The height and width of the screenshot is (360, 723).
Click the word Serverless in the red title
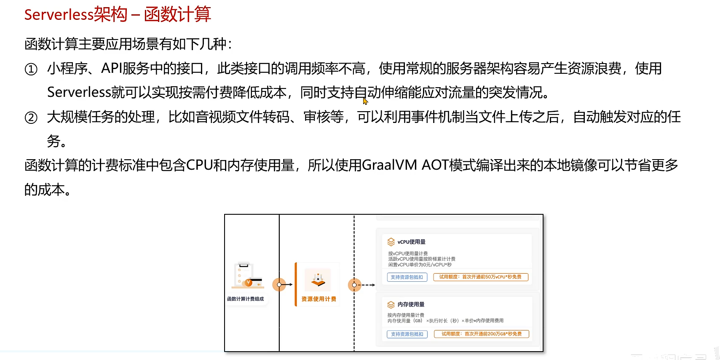point(59,15)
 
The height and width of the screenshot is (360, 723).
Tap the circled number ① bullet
point(31,69)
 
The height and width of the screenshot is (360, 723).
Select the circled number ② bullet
point(31,117)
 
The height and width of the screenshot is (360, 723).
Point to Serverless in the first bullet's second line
point(79,92)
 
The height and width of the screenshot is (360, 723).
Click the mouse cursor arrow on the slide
point(365,101)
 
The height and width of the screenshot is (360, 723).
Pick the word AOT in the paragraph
point(435,165)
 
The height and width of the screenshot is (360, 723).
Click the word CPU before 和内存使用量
point(199,165)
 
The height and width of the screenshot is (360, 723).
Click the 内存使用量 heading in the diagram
point(411,304)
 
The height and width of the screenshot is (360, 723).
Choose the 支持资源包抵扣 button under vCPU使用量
point(407,277)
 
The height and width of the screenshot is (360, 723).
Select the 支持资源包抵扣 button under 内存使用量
point(407,334)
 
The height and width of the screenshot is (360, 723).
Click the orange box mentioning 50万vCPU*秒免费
point(480,277)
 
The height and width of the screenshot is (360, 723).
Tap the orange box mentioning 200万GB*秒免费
point(481,334)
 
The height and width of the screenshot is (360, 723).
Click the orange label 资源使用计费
point(319,299)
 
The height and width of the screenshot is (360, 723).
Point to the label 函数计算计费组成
point(245,299)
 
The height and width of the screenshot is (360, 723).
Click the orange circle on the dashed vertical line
point(354,285)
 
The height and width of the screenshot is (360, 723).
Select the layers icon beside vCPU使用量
point(391,242)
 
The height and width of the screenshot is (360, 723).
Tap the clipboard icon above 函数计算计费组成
point(246,275)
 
